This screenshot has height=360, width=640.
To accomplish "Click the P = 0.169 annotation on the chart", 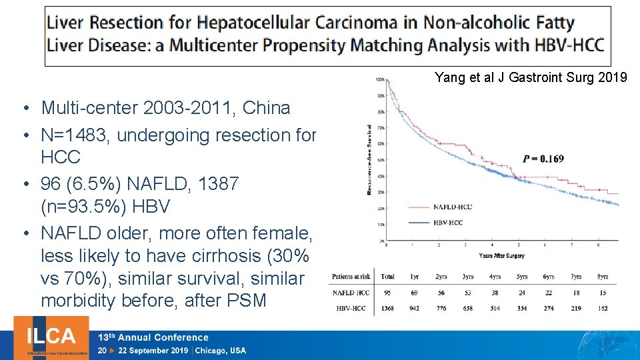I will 543,159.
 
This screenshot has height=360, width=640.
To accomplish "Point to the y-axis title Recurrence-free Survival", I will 370,159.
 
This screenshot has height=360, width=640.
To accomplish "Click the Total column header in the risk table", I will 387,276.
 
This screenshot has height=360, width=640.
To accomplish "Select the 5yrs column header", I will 521,276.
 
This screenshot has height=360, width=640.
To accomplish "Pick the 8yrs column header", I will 602,276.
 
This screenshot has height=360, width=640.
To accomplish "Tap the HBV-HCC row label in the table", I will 351,307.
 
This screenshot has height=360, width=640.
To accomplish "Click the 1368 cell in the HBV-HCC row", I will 387,307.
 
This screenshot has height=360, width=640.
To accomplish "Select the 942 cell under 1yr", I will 414,307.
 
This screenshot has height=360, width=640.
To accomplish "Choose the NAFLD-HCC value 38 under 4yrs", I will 495,292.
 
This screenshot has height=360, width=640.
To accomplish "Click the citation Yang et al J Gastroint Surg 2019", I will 531,78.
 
